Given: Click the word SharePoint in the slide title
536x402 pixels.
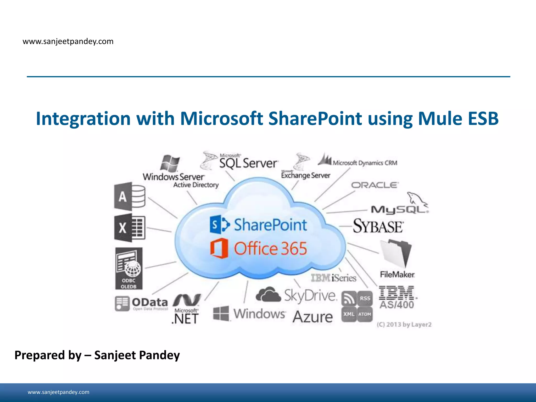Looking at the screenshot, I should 315,119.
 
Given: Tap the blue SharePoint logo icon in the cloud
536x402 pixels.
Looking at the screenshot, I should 219,225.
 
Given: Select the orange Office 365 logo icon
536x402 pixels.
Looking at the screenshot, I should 219,248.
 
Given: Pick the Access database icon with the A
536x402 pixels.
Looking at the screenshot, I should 130,196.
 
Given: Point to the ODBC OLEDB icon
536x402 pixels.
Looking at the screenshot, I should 129,269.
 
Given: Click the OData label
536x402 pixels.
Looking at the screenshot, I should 149,303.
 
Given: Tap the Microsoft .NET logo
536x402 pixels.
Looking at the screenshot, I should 186,309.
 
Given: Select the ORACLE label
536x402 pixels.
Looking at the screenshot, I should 375,185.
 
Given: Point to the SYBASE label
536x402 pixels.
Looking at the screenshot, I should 378,226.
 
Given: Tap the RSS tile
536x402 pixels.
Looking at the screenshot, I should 365,298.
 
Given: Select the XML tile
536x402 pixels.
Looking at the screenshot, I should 349,314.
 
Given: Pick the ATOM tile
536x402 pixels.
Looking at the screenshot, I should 365,314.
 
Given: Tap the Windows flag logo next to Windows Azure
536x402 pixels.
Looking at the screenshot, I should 221,313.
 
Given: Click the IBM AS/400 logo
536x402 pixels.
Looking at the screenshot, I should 397,297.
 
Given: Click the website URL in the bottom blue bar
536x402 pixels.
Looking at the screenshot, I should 58,392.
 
